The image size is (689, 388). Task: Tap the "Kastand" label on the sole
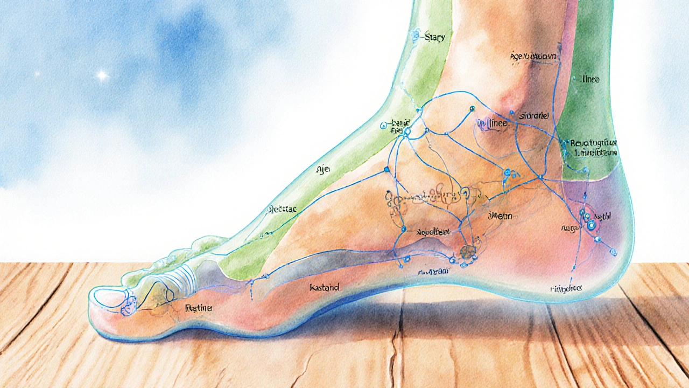tap(324, 288)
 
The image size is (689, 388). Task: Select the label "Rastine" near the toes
tap(198, 308)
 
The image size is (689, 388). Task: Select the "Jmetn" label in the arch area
tap(498, 216)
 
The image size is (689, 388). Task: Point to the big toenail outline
tap(110, 295)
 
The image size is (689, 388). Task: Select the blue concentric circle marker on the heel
tap(591, 225)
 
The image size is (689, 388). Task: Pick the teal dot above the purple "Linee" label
tap(472, 109)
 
